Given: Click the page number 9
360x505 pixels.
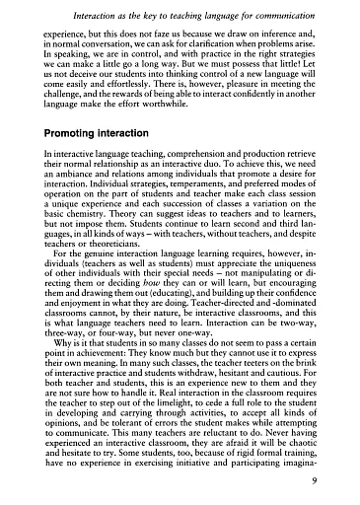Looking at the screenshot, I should point(338,483).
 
